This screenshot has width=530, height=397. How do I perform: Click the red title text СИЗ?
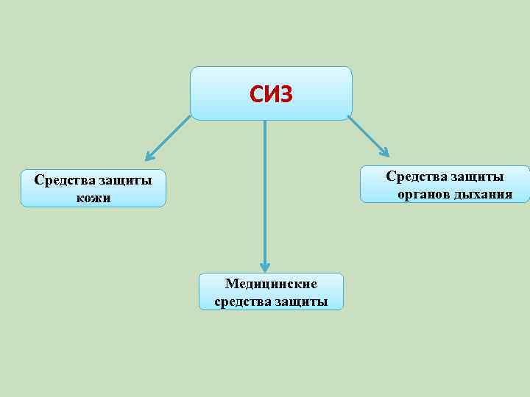point(271,94)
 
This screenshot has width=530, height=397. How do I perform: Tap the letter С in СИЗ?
point(256,94)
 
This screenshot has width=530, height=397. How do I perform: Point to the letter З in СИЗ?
point(286,94)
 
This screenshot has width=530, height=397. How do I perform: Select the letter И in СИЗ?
point(271,94)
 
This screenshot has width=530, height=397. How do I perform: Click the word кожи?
point(93,198)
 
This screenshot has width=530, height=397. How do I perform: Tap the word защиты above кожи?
point(123,181)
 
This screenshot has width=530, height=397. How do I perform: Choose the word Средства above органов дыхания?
point(415,177)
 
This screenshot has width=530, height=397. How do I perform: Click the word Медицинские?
point(271,284)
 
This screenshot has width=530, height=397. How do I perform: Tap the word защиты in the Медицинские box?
point(300,301)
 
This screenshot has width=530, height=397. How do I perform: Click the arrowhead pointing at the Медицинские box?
point(265,268)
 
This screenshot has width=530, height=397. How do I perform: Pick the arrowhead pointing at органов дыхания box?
point(384,152)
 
